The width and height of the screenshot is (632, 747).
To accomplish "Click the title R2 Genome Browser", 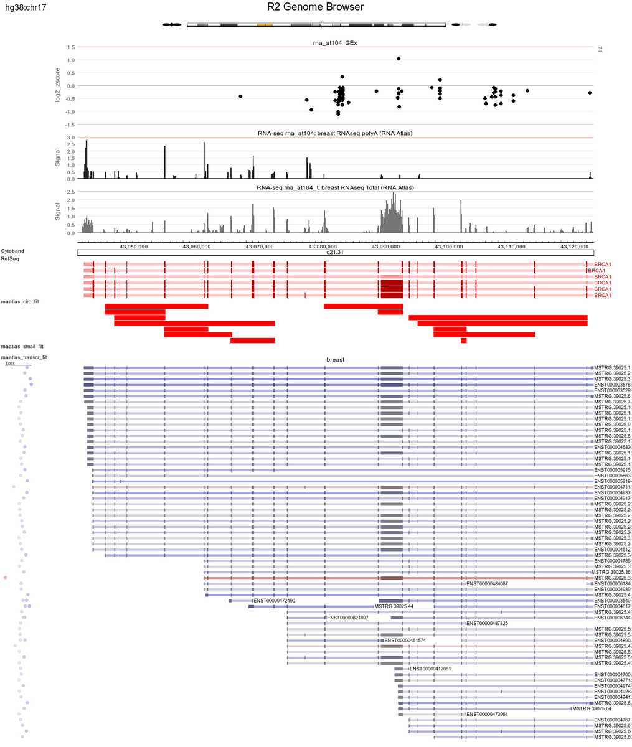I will pos(315,7).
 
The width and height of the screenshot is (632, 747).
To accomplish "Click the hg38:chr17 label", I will pos(24,8).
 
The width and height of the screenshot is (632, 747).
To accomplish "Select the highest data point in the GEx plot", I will pos(399,59).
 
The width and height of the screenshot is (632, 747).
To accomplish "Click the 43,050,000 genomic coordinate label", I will pos(134,247).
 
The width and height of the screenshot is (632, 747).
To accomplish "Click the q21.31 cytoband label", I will pos(335,253).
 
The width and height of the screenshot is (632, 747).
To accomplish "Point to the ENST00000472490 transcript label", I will pos(274,601).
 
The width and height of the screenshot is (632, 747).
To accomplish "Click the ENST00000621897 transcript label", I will pos(347,618).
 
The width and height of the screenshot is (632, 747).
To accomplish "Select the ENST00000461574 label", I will pos(405,641).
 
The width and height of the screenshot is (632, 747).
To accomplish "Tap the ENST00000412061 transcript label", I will pos(430,669).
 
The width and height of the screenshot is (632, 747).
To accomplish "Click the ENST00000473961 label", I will pos(487,715).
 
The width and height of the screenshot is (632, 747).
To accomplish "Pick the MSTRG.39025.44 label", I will pos(394,606).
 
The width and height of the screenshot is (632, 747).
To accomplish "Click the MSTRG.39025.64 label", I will pos(592,709).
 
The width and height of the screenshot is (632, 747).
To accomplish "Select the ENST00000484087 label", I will pos(487,584).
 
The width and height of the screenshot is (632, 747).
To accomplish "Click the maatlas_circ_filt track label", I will pos(21,302).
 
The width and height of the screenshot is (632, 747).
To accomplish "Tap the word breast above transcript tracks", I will pos(335,360).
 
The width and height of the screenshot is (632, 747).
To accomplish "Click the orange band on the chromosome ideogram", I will pos(265,25).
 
